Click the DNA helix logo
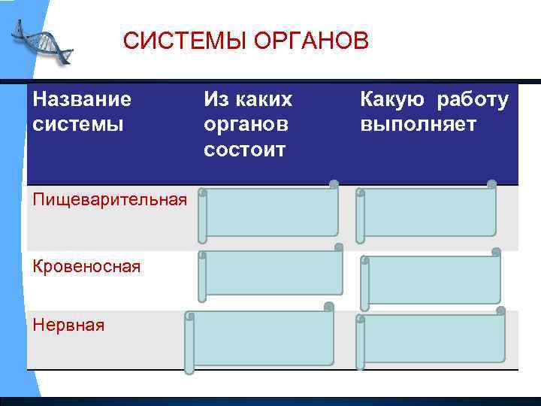42,41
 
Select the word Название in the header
82,98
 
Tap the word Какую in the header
391,98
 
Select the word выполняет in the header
418,123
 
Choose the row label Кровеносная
86,266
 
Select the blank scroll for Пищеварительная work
426,213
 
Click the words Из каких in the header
248,98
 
